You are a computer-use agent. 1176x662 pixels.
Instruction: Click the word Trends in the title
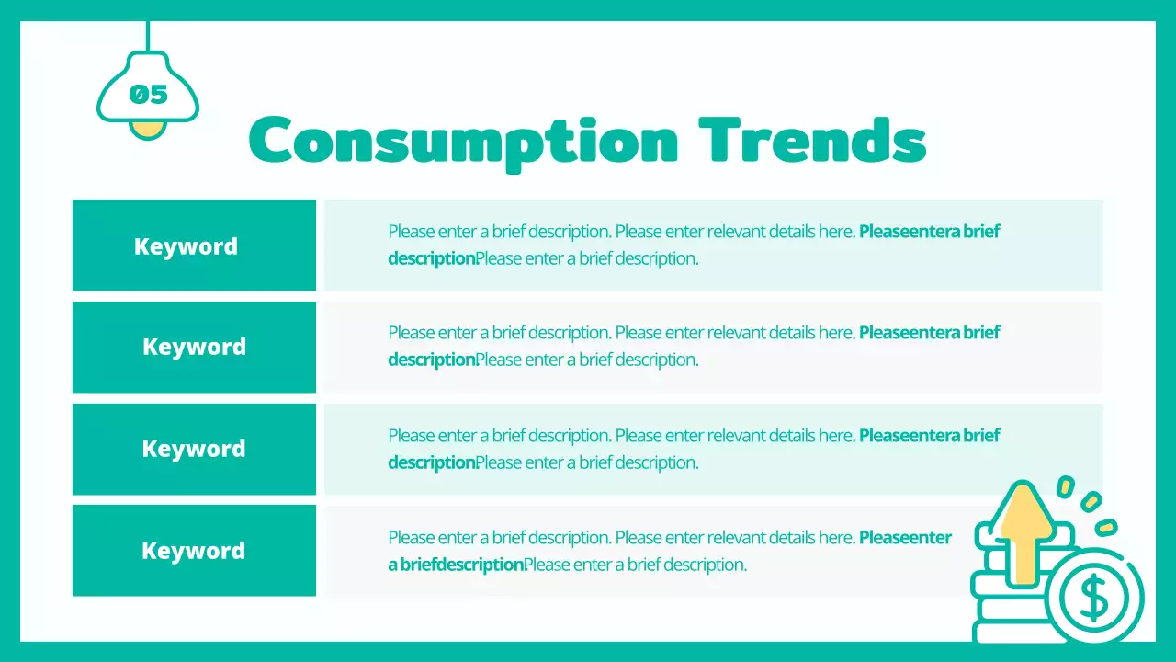tap(812, 141)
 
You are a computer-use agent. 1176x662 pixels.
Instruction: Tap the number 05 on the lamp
tap(148, 94)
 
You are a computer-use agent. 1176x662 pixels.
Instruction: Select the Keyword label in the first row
tap(186, 246)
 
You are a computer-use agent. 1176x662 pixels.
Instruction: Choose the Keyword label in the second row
tap(194, 347)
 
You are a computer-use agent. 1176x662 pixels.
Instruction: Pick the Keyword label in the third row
tap(194, 449)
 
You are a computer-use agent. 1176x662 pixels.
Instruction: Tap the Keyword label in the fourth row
tap(193, 551)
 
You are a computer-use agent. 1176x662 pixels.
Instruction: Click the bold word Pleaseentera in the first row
tap(909, 232)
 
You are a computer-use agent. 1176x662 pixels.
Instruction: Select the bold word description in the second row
tap(431, 360)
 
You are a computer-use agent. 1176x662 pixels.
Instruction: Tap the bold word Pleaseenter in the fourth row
tap(905, 537)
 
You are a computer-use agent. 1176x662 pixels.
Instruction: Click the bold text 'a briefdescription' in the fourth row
tap(455, 565)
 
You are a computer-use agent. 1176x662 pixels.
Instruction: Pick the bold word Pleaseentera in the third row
tap(909, 435)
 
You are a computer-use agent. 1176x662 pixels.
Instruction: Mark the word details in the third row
tap(795, 435)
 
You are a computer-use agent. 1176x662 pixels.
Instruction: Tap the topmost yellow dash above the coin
tap(1066, 486)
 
